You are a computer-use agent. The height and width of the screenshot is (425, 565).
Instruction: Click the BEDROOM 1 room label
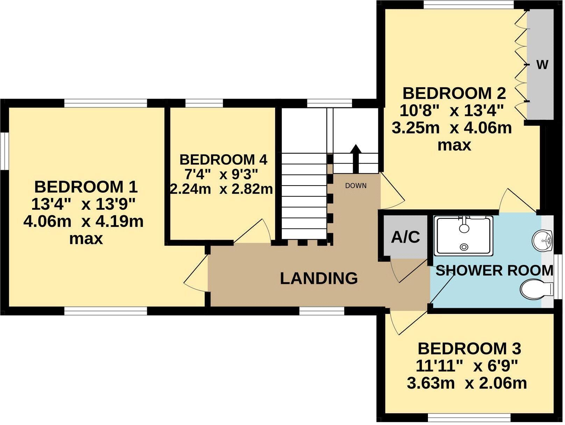click(86, 187)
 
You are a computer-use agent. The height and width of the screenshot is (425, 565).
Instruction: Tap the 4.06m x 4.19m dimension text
click(84, 222)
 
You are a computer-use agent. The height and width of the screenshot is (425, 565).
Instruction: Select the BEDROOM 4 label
click(223, 160)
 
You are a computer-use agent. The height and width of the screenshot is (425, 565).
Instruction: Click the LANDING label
click(319, 279)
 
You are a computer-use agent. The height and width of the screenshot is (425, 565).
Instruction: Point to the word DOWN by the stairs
click(356, 186)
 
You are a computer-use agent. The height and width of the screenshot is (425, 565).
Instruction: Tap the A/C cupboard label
click(405, 237)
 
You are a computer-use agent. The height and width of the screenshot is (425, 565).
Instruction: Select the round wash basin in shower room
click(542, 240)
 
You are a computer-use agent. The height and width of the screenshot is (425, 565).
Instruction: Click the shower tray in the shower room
click(464, 235)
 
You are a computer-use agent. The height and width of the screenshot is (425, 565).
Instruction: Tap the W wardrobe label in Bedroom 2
click(542, 65)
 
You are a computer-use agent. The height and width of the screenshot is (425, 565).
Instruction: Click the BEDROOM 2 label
click(454, 94)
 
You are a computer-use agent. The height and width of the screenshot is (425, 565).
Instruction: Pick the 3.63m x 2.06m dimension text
click(467, 383)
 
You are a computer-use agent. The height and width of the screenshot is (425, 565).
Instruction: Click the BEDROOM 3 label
click(469, 349)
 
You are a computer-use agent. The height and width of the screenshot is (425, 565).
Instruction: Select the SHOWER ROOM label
click(494, 271)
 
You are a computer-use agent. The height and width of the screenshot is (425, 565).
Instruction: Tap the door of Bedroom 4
click(252, 232)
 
